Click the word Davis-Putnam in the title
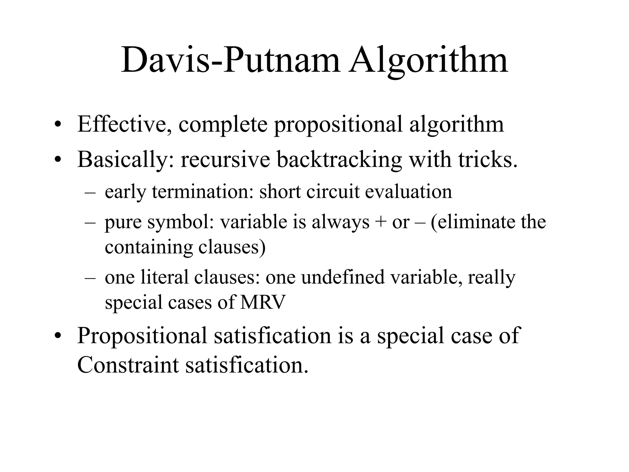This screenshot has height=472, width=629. point(231,61)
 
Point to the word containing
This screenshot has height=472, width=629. point(149,247)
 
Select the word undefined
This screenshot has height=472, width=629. point(343,277)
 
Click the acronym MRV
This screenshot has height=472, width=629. point(263,302)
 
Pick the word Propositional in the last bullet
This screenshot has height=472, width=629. point(143,336)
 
